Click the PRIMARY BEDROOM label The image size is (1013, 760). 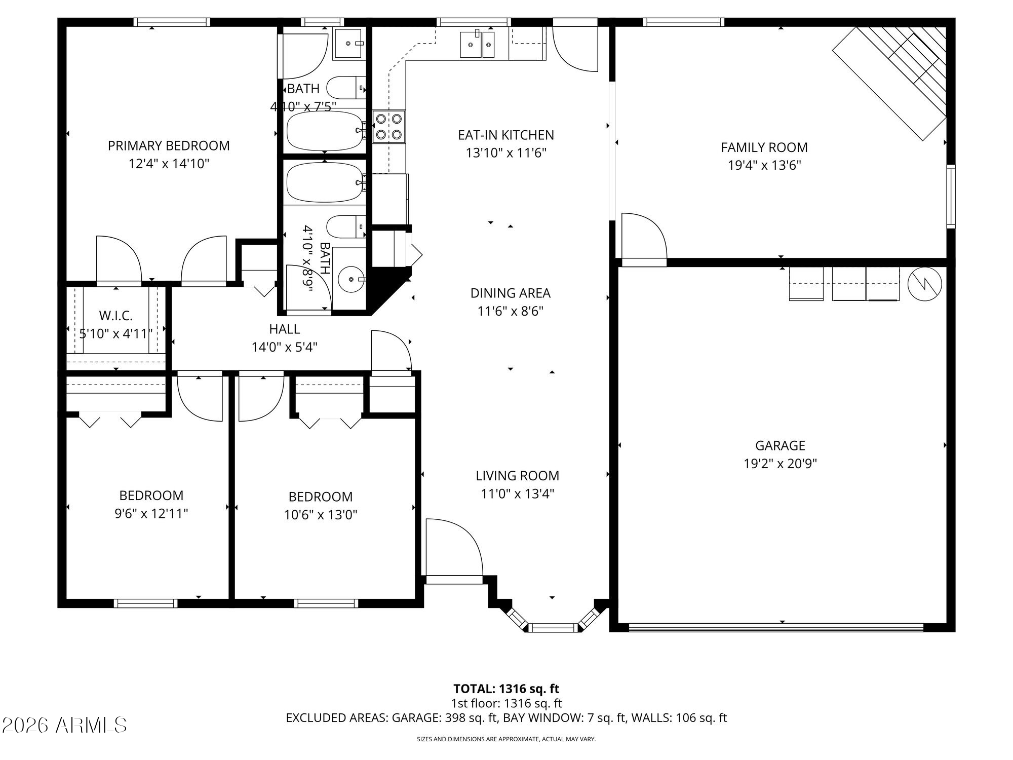point(169,146)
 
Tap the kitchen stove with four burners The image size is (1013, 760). point(389,127)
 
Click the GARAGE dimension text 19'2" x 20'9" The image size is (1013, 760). point(780,464)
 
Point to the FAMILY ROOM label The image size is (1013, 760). point(764,147)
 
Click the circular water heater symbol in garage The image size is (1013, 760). point(925,285)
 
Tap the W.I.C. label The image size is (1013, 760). point(116,316)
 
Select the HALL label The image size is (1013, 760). point(285,329)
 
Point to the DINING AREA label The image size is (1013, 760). point(511,293)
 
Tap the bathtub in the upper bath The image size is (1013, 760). point(325,130)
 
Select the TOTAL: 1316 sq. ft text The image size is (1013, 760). point(506,689)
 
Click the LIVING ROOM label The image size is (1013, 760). point(518,476)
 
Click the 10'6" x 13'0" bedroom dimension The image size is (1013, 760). point(321,515)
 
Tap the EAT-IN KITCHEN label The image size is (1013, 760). point(506,135)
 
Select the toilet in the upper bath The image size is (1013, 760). point(346,88)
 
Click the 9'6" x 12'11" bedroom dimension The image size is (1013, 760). point(151,514)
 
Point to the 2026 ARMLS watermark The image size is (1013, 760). point(64,725)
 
